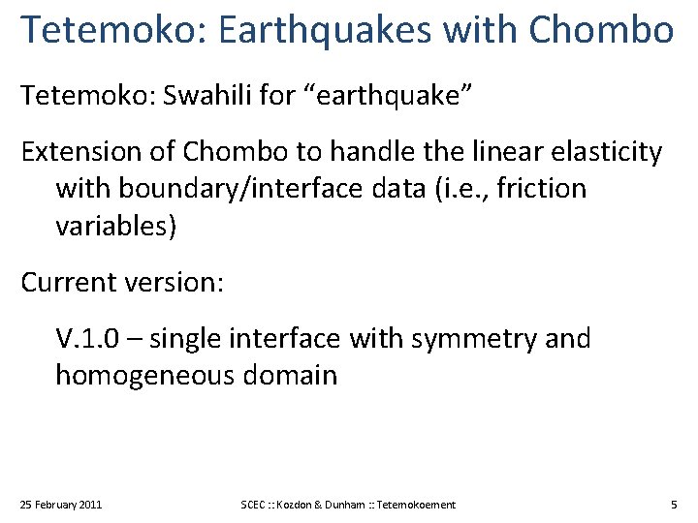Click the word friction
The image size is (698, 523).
[537, 188]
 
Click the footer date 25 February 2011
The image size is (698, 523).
[61, 505]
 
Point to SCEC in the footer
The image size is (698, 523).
[255, 505]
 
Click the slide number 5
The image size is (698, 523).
[674, 505]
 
